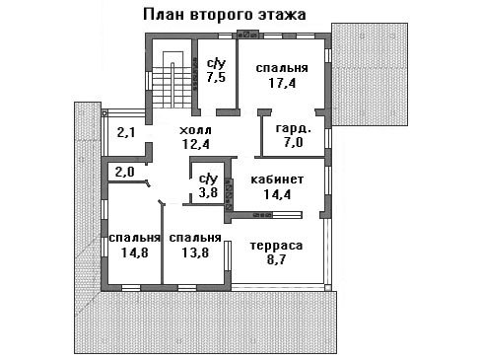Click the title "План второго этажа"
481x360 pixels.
[225, 15]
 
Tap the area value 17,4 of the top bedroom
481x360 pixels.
[282, 83]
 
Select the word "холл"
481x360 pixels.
[195, 130]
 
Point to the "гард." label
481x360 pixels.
[293, 128]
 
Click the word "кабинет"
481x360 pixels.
[277, 180]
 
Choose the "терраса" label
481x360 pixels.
[276, 246]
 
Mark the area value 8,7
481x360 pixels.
[276, 259]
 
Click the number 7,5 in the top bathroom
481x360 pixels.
[216, 77]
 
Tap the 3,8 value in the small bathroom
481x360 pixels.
[208, 192]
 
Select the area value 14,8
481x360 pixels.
[134, 252]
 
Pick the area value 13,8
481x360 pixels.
[195, 252]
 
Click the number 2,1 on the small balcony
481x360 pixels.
[126, 133]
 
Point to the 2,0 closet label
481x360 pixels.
[124, 172]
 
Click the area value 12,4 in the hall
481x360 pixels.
[196, 144]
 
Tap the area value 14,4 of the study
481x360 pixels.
[277, 194]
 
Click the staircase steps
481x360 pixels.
[172, 87]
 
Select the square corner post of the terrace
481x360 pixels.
[327, 288]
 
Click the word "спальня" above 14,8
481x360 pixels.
[134, 238]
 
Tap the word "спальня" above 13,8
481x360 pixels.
[195, 238]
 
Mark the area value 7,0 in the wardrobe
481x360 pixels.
[293, 142]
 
